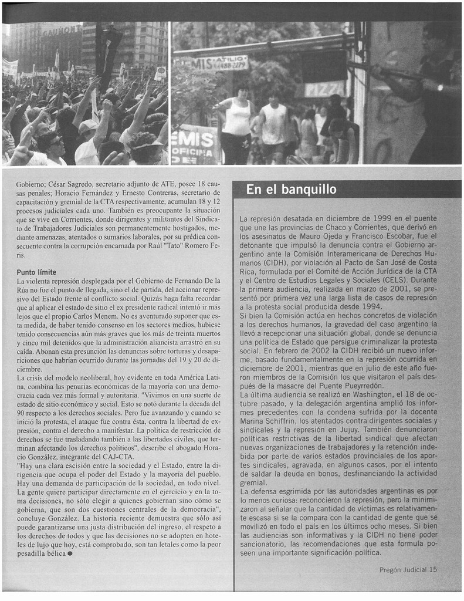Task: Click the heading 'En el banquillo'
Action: click(x=291, y=190)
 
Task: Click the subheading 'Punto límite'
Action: click(x=36, y=272)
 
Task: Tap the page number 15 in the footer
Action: click(x=433, y=569)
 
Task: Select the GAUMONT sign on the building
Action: click(x=61, y=29)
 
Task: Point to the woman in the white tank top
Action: click(x=237, y=123)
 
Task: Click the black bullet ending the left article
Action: click(x=70, y=553)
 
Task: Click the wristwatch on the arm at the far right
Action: click(x=439, y=87)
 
